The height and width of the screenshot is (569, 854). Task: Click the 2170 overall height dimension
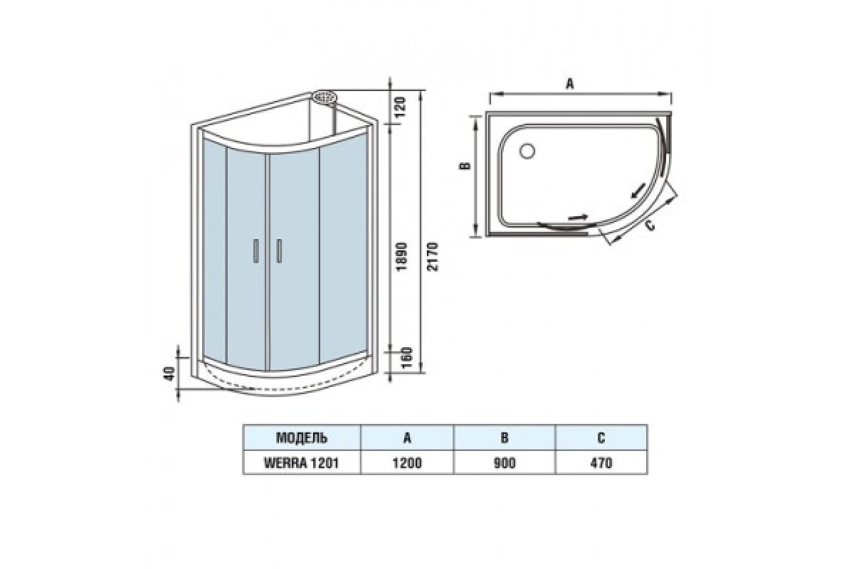(433, 257)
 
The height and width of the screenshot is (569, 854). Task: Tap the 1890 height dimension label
(402, 257)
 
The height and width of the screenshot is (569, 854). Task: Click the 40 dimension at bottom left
(169, 373)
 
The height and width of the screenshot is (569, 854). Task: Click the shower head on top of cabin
(325, 97)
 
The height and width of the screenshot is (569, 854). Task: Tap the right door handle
(279, 251)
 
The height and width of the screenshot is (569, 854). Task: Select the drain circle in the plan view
(527, 151)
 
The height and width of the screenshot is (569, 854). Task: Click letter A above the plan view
(569, 83)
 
